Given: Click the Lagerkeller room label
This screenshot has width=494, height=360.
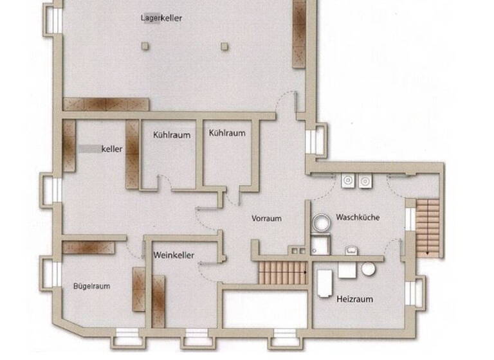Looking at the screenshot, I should [161, 18].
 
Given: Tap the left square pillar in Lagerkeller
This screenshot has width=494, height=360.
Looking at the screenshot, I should [145, 46].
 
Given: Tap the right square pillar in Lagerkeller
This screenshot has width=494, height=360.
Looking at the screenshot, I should [224, 46].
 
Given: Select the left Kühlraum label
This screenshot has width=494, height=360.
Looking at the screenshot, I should [170, 136].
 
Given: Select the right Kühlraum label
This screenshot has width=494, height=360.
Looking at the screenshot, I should [227, 133].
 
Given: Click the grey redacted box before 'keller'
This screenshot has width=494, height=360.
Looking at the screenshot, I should [89, 148].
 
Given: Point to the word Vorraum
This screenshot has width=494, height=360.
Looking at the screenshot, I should [266, 219].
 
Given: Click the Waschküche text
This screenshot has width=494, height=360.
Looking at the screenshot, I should [357, 217].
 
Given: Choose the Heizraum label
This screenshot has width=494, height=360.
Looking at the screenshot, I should [354, 299].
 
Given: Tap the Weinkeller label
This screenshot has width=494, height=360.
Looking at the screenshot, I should [174, 255].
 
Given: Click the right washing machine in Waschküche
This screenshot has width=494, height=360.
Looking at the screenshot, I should [365, 181].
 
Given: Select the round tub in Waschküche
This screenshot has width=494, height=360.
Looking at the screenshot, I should [320, 223].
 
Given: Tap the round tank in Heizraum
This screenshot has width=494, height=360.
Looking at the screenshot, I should [368, 269].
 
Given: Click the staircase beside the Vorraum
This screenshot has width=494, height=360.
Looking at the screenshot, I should [282, 273].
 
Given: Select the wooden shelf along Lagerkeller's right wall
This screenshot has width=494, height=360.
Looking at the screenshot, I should [300, 33].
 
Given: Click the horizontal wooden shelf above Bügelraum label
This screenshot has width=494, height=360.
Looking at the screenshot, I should [89, 248].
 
